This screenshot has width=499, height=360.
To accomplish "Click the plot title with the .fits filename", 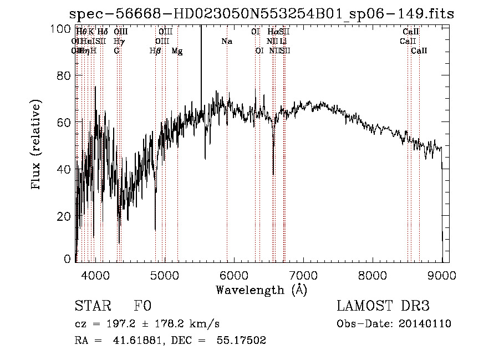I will [261, 14].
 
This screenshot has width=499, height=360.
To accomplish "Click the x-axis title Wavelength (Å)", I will [261, 290].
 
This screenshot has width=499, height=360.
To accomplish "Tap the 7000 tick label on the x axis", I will [303, 275].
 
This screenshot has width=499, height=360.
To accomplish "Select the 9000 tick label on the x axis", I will [442, 275].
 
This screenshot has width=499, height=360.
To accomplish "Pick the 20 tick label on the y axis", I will [65, 216].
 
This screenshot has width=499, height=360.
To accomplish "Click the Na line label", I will [226, 41].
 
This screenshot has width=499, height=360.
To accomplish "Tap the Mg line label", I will [177, 51].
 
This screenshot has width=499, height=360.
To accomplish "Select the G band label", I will [116, 51].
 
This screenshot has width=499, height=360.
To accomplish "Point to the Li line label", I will [283, 41].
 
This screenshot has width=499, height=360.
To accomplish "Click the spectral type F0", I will [142, 307].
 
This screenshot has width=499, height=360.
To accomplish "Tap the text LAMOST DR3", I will [383, 307].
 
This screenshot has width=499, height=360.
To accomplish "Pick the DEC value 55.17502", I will [243, 341].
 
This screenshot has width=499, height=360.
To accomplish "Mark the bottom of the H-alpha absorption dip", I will [273, 174].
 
